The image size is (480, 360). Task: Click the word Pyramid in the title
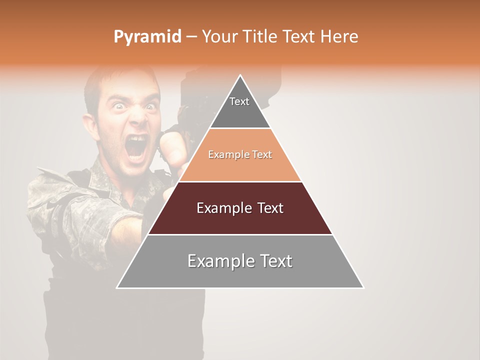(x=147, y=37)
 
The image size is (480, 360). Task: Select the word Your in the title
(x=219, y=36)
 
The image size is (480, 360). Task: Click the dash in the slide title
(x=191, y=37)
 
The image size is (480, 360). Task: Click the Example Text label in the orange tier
(x=240, y=155)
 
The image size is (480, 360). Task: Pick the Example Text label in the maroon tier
(x=240, y=208)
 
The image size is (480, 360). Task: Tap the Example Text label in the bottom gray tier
(x=240, y=261)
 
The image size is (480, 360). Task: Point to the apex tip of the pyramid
(x=240, y=75)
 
